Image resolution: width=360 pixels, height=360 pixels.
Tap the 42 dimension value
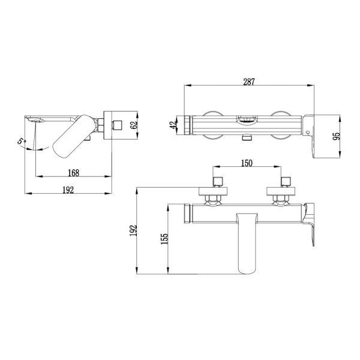(173, 125)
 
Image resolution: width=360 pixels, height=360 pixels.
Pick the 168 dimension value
(74, 173)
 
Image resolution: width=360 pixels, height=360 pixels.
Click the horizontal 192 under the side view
(68, 190)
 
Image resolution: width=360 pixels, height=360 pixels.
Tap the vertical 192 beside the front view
(134, 230)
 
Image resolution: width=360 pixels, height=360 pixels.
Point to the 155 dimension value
(165, 238)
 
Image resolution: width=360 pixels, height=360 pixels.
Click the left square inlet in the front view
(217, 180)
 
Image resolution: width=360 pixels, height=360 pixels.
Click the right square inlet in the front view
(287, 180)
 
